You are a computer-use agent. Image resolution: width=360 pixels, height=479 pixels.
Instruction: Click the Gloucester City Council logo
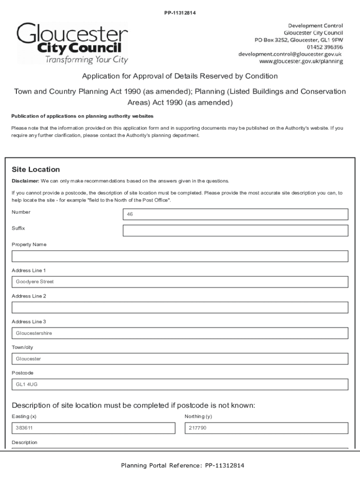point(72,44)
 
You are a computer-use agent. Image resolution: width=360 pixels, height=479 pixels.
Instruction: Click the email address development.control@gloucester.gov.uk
point(290,54)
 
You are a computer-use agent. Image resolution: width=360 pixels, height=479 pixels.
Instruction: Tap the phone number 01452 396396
point(325,47)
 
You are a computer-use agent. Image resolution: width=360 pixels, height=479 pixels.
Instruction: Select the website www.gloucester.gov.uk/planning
point(301,62)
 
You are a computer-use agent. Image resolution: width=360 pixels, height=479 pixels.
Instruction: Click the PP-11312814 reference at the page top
point(180,13)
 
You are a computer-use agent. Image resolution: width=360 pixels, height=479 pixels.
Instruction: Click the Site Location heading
point(36,169)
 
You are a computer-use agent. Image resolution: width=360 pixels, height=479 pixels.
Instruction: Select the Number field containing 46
point(235,214)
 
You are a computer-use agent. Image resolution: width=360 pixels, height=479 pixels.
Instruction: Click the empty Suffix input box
point(235,231)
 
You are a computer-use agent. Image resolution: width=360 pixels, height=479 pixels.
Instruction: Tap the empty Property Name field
point(180,256)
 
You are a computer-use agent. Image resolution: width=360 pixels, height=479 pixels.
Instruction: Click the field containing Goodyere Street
point(180,282)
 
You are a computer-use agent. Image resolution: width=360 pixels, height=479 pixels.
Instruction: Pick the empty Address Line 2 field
point(180,307)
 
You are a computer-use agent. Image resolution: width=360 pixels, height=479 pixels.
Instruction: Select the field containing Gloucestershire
point(180,333)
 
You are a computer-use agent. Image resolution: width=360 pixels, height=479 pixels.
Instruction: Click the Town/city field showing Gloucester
point(180,359)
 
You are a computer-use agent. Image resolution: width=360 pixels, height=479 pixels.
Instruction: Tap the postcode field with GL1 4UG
point(180,385)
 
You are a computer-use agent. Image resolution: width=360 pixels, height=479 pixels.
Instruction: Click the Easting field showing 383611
point(93,428)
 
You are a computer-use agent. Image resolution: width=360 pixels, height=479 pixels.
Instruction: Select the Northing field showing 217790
point(266,428)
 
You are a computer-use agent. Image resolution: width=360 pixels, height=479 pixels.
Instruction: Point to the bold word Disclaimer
point(25,181)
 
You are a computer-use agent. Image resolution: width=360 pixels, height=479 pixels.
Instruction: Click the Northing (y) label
point(198,416)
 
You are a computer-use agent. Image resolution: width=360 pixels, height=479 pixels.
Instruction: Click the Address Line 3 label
point(29,322)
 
